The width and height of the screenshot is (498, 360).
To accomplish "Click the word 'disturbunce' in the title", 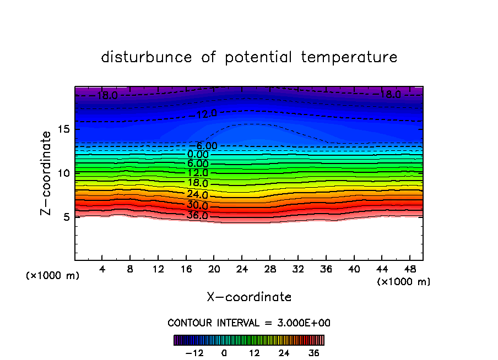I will point(147,57).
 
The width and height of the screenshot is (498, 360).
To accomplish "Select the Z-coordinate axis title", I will point(47,173).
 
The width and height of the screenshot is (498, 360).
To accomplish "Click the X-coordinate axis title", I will point(249,297).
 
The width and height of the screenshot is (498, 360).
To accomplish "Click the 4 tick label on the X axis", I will point(102,269).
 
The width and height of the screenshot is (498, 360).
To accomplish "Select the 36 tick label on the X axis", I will point(326,269).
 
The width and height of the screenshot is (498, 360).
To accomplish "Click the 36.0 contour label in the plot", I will point(197,215).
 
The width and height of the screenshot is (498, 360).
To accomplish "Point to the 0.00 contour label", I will point(198,154).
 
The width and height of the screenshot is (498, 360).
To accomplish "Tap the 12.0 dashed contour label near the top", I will point(207,114).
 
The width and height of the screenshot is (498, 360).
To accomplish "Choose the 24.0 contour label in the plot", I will point(197,194).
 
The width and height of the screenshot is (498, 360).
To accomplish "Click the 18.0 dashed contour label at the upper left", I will point(107,95).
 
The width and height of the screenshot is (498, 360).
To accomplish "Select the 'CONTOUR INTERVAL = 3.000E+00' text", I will point(249,323).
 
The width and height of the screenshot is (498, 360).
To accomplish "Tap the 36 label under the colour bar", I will point(313,353).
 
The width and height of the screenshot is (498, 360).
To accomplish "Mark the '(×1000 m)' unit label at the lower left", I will point(53,276).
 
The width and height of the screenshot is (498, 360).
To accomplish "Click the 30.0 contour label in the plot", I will point(197,205).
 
